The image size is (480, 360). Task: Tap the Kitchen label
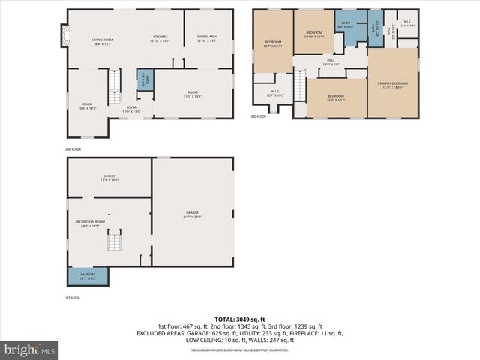160,39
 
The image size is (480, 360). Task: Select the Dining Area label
207,39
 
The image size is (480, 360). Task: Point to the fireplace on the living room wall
64,34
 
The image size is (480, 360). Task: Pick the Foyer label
132,110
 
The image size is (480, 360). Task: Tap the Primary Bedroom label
393,85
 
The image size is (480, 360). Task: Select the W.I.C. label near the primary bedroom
406,25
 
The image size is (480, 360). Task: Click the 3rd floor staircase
300,84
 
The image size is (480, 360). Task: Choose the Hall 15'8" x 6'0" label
331,62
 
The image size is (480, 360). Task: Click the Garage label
193,215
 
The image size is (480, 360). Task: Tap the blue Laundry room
88,276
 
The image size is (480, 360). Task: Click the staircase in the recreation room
114,241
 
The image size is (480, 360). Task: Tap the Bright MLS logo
30,349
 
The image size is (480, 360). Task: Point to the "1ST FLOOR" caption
73,298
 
